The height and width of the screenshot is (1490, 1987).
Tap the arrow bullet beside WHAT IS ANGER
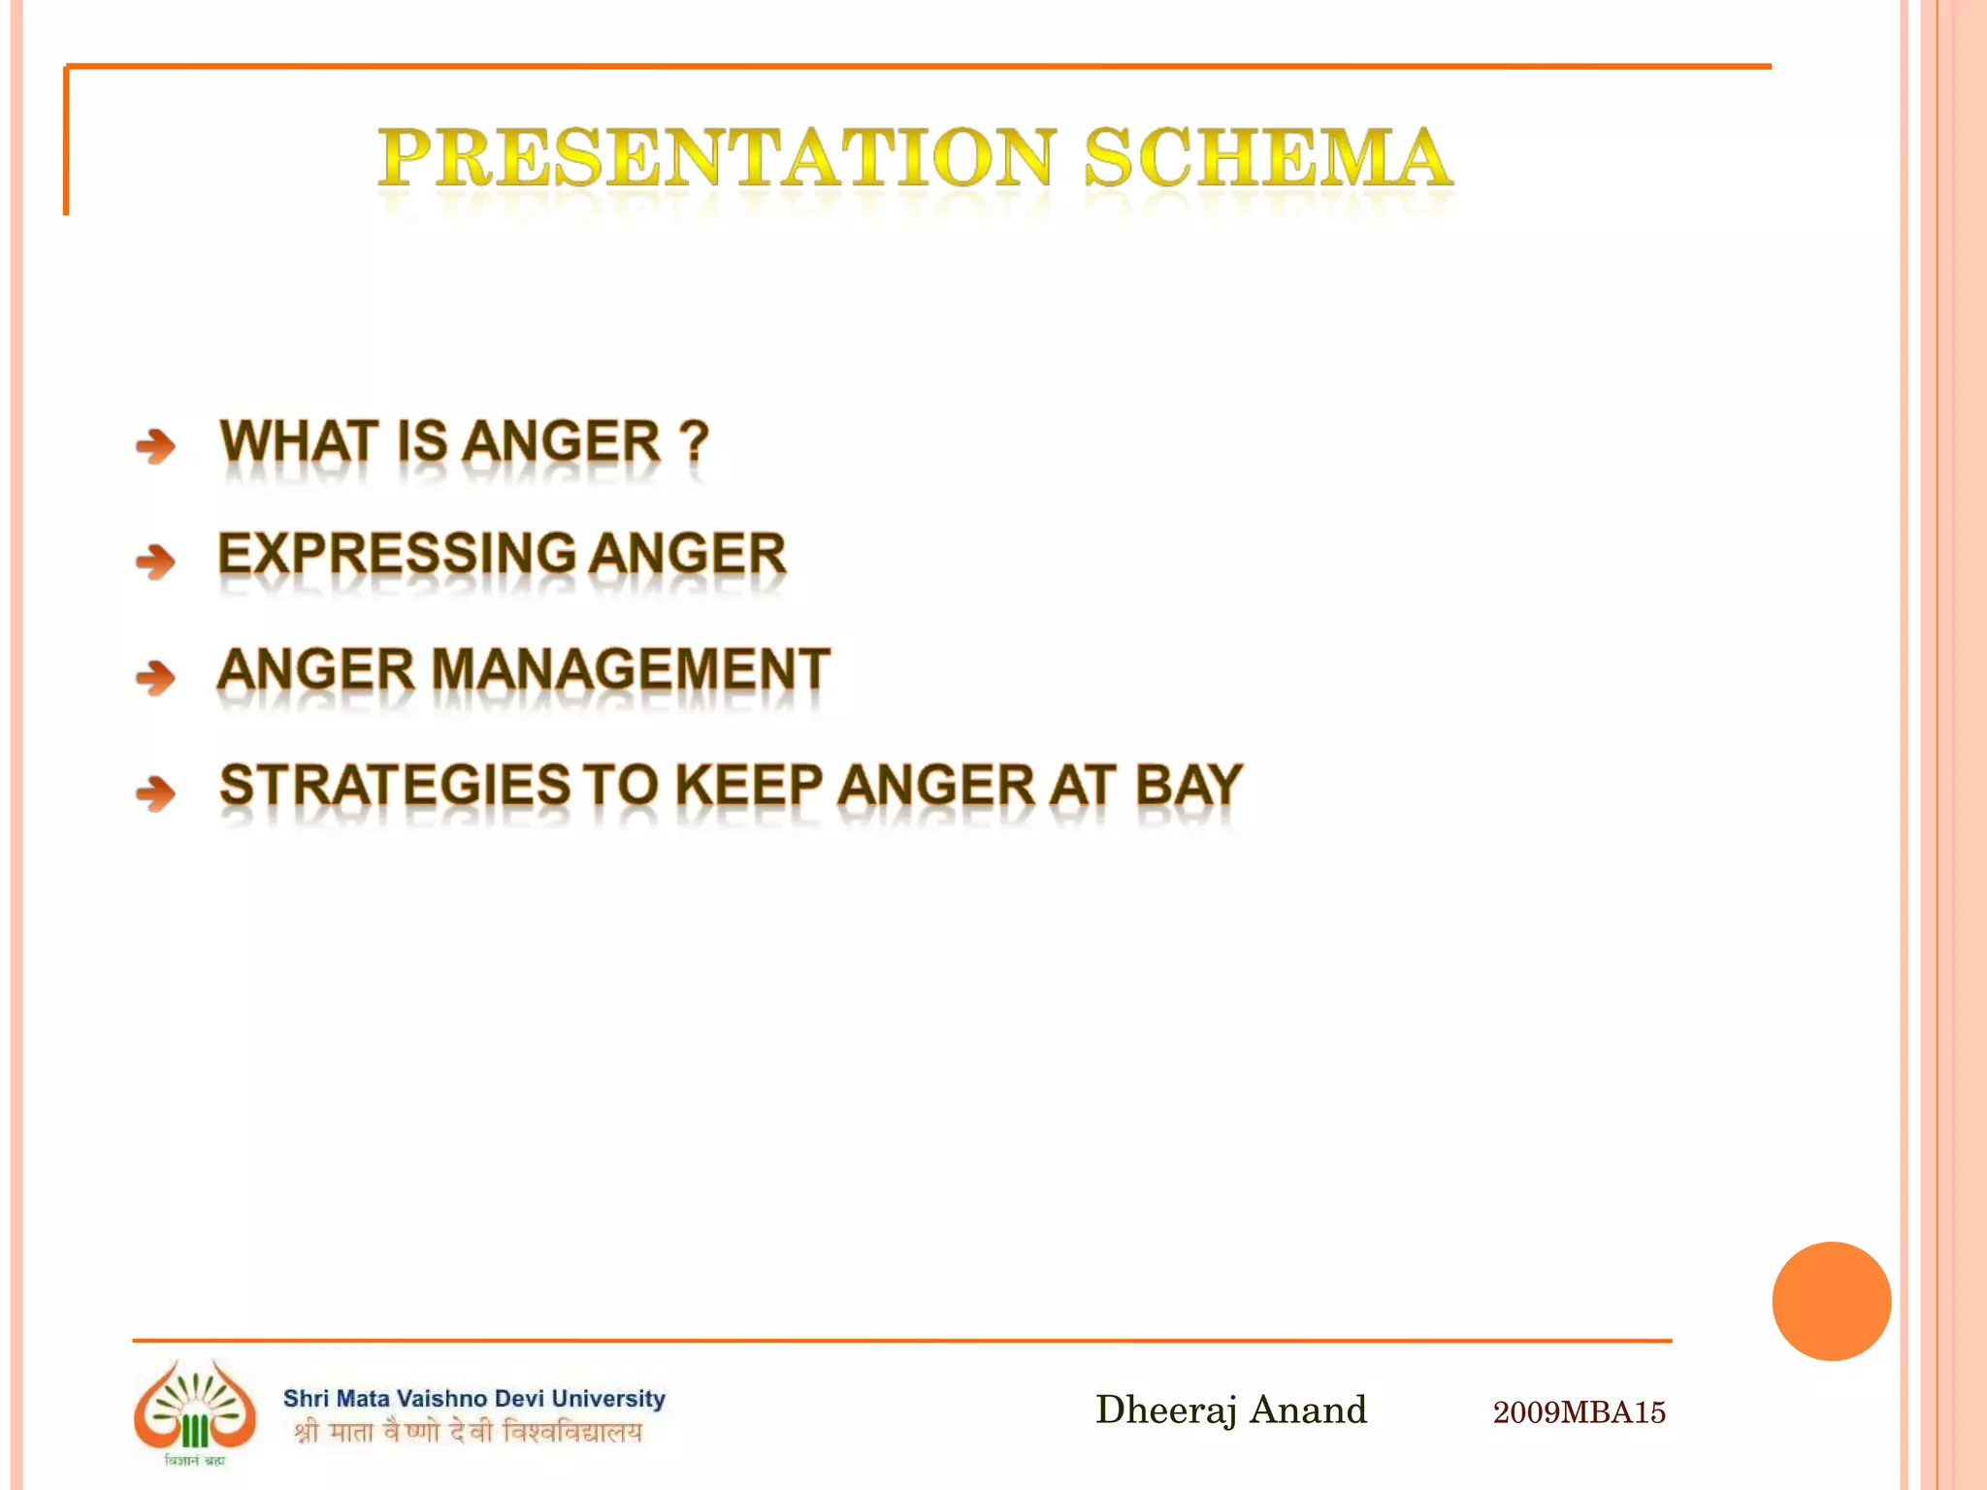(155, 446)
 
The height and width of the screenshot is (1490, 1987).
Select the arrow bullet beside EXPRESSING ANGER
(155, 561)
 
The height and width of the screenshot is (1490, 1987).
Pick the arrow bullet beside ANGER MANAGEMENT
(155, 676)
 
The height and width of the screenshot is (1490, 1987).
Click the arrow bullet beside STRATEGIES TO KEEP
(155, 793)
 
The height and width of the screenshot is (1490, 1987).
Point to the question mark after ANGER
(694, 442)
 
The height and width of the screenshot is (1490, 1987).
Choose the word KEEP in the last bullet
(748, 785)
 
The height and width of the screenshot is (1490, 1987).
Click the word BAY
(1189, 785)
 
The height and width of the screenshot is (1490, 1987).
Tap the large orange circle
(1831, 1301)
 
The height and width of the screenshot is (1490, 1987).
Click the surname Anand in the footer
(1308, 1409)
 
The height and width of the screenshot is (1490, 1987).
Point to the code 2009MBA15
(1579, 1412)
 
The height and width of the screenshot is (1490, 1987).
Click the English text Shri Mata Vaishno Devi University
(473, 1398)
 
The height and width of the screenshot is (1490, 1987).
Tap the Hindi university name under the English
(468, 1432)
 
